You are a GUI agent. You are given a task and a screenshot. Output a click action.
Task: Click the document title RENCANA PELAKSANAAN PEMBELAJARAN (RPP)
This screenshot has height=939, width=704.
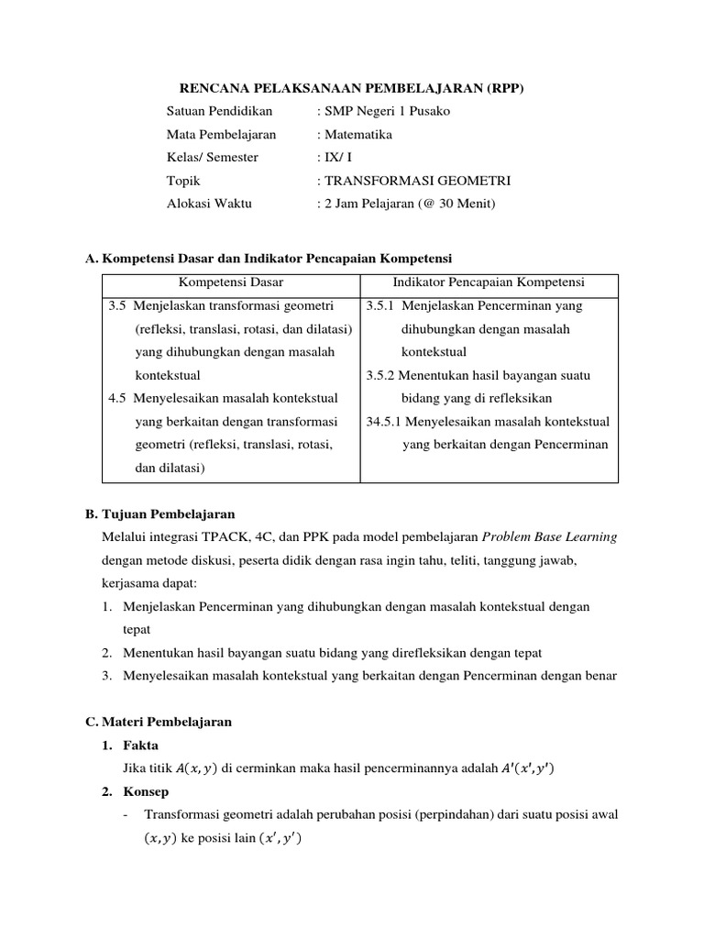pyautogui.click(x=351, y=88)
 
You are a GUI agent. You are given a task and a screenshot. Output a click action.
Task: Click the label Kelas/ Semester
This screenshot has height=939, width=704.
pyautogui.click(x=213, y=157)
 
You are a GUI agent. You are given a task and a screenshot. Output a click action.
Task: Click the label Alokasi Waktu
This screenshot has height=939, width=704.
pyautogui.click(x=209, y=204)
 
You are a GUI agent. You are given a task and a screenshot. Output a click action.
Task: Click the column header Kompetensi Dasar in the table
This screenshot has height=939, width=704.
pyautogui.click(x=231, y=282)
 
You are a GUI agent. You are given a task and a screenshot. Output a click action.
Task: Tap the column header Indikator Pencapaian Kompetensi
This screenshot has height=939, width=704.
pyautogui.click(x=489, y=282)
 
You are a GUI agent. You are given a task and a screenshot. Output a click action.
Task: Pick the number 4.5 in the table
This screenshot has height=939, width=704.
pyautogui.click(x=118, y=398)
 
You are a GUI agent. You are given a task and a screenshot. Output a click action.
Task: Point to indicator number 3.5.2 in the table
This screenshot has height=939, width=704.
pyautogui.click(x=380, y=375)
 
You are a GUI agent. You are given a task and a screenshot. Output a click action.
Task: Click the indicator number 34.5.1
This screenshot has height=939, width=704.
pyautogui.click(x=383, y=422)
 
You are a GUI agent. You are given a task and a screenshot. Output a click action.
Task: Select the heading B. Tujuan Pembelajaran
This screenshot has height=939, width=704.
pyautogui.click(x=160, y=514)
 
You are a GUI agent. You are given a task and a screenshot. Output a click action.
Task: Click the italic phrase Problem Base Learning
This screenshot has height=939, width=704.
pyautogui.click(x=549, y=537)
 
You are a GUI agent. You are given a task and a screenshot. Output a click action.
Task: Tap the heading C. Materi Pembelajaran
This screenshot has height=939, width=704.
pyautogui.click(x=159, y=722)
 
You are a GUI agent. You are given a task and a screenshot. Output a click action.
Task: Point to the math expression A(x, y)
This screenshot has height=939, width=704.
pyautogui.click(x=199, y=768)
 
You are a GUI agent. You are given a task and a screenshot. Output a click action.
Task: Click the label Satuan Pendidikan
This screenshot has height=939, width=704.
pyautogui.click(x=220, y=111)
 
